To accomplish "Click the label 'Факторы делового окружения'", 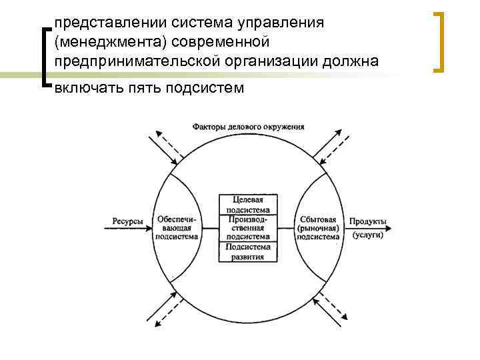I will point(248,127).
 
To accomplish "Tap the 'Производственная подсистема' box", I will point(248,227).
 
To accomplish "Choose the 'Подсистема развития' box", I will point(248,251).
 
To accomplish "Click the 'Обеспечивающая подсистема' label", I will point(177,227).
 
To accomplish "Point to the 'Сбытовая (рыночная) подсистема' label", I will point(318,227).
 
